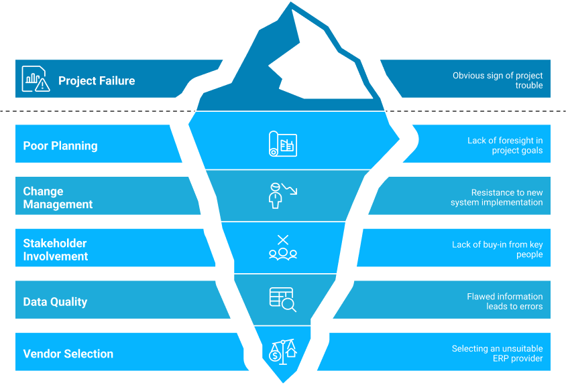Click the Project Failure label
pyautogui.click(x=97, y=81)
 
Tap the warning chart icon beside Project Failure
pyautogui.click(x=36, y=79)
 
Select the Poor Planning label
pyautogui.click(x=60, y=146)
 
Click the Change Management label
pyautogui.click(x=58, y=198)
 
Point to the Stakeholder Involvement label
pyautogui.click(x=56, y=250)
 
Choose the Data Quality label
pyautogui.click(x=55, y=302)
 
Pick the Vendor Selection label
pyautogui.click(x=68, y=354)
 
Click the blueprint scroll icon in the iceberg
pyautogui.click(x=282, y=144)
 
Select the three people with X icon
pyautogui.click(x=282, y=248)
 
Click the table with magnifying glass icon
pyautogui.click(x=282, y=299)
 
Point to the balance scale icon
pyautogui.click(x=282, y=352)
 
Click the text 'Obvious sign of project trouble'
pyautogui.click(x=498, y=80)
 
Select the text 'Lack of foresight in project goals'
pyautogui.click(x=505, y=146)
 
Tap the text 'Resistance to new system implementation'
pyautogui.click(x=497, y=198)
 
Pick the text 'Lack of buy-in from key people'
pyautogui.click(x=498, y=250)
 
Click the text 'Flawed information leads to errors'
pyautogui.click(x=505, y=301)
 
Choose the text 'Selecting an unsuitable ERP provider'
pyautogui.click(x=497, y=354)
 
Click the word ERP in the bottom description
pyautogui.click(x=502, y=358)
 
